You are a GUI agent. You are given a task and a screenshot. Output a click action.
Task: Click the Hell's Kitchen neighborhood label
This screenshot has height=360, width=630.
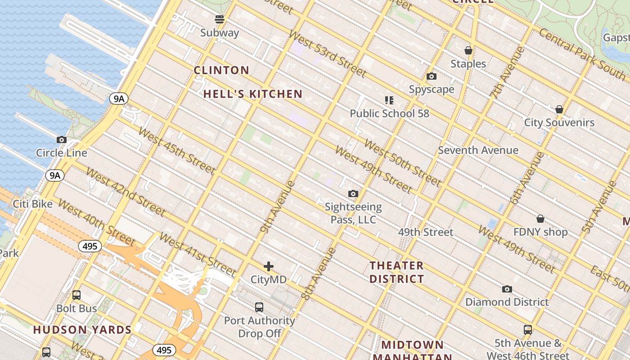[252, 94]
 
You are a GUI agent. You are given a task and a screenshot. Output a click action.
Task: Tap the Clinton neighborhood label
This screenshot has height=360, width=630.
[221, 70]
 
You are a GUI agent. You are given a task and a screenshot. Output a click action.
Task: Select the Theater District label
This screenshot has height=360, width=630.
[396, 272]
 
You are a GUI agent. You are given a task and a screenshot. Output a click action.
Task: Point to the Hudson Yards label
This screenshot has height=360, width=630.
[82, 330]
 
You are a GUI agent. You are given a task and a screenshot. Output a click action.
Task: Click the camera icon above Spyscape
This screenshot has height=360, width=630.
[432, 76]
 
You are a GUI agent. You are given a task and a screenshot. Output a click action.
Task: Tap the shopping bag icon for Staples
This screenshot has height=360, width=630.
[468, 50]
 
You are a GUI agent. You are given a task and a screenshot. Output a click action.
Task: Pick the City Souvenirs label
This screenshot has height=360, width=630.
[559, 122]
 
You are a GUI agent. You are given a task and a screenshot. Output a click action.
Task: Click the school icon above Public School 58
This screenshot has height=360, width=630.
[389, 100]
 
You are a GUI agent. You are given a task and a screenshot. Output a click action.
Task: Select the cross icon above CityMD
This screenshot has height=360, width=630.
[269, 266]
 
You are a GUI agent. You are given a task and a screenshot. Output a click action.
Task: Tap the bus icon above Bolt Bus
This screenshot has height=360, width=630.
[76, 295]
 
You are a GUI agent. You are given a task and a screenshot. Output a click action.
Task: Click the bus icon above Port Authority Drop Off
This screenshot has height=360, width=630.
[259, 307]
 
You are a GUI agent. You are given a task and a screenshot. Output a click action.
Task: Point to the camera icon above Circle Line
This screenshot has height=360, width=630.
[62, 140]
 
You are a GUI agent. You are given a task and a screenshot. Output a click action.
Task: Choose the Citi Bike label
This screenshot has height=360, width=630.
[32, 204]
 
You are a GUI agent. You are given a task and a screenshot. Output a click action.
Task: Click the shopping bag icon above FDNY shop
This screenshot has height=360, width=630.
[540, 219]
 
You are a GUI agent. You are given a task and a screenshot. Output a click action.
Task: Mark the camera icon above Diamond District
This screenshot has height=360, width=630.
[507, 289]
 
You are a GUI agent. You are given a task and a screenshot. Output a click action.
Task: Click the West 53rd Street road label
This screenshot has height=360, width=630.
[327, 54]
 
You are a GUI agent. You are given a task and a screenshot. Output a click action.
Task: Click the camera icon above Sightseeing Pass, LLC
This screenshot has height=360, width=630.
[353, 194]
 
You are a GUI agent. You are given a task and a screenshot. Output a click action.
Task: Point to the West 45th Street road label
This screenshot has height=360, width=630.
[176, 151]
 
